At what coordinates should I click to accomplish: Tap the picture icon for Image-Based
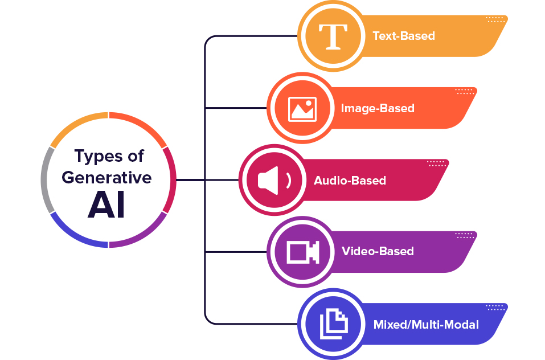302,109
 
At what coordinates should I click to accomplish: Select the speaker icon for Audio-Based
274,181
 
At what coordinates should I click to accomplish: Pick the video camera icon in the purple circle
302,251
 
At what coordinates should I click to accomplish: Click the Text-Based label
403,36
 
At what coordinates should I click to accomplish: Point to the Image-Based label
378,108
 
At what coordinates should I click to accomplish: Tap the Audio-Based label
350,181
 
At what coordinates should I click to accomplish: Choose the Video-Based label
378,251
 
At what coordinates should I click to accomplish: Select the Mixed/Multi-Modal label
426,325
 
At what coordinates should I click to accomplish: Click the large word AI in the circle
106,207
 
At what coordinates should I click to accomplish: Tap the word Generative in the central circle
107,177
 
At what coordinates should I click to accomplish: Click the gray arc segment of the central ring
45,179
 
